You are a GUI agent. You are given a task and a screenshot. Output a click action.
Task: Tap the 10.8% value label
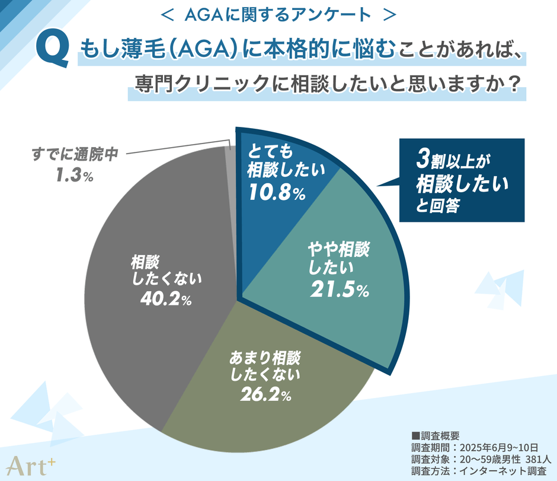pyautogui.click(x=275, y=193)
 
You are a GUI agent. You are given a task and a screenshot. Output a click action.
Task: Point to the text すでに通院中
pyautogui.click(x=75, y=155)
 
